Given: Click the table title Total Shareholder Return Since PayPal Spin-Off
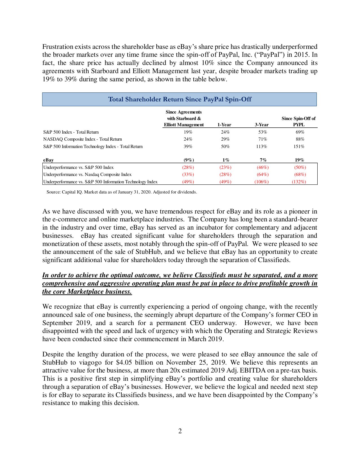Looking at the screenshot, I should coord(180,99).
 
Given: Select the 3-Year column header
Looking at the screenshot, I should coord(262,125).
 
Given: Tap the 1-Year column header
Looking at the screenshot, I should coord(224,125).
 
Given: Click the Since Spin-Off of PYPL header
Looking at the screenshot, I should coord(298,121).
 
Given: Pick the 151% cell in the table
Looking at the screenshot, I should coord(299,146).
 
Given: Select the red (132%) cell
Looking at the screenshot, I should coord(299,182).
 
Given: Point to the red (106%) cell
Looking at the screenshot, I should coord(261,182).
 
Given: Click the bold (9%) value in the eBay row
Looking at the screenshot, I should coord(189,160).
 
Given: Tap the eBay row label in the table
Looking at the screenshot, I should coord(48,160).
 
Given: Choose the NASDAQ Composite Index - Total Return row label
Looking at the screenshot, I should coord(82,139).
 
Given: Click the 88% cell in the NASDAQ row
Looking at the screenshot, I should coord(300,139).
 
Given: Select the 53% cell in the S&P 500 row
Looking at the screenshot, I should coord(263,132).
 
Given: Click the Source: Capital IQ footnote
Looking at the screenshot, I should coord(122,192).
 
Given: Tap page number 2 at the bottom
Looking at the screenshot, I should coord(180,431).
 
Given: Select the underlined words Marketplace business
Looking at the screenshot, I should coord(99,291).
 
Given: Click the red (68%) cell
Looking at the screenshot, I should coord(300,175).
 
